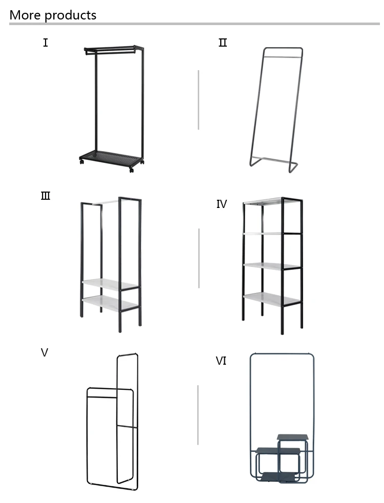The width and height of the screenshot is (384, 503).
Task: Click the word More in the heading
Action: pyautogui.click(x=25, y=15)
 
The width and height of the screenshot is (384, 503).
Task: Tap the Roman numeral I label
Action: pyautogui.click(x=46, y=43)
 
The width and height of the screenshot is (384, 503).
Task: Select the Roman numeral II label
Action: pyautogui.click(x=223, y=43)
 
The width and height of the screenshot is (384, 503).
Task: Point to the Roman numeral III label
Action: pyautogui.click(x=46, y=196)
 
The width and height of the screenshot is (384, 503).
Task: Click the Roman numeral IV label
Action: pyautogui.click(x=222, y=204)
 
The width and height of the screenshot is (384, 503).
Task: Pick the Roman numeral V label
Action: pyautogui.click(x=45, y=352)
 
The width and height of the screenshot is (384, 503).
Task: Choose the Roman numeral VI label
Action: pyautogui.click(x=221, y=361)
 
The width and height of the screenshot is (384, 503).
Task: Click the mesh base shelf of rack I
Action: pyautogui.click(x=111, y=158)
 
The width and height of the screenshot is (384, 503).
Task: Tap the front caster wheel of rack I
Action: pyautogui.click(x=132, y=170)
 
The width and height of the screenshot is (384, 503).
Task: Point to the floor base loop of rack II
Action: pyautogui.click(x=273, y=163)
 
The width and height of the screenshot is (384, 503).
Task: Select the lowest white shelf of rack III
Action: pyautogui.click(x=110, y=303)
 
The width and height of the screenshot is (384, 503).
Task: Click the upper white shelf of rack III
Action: pyautogui.click(x=110, y=285)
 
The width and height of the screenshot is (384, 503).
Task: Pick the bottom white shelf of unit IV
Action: pyautogui.click(x=271, y=299)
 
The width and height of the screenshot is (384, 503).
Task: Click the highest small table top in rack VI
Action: pyautogui.click(x=292, y=437)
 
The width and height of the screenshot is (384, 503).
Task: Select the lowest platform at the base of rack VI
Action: pyautogui.click(x=278, y=477)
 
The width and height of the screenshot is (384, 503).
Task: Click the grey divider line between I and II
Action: pyautogui.click(x=199, y=100)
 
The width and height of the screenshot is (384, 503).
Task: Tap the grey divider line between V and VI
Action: pyautogui.click(x=198, y=415)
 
